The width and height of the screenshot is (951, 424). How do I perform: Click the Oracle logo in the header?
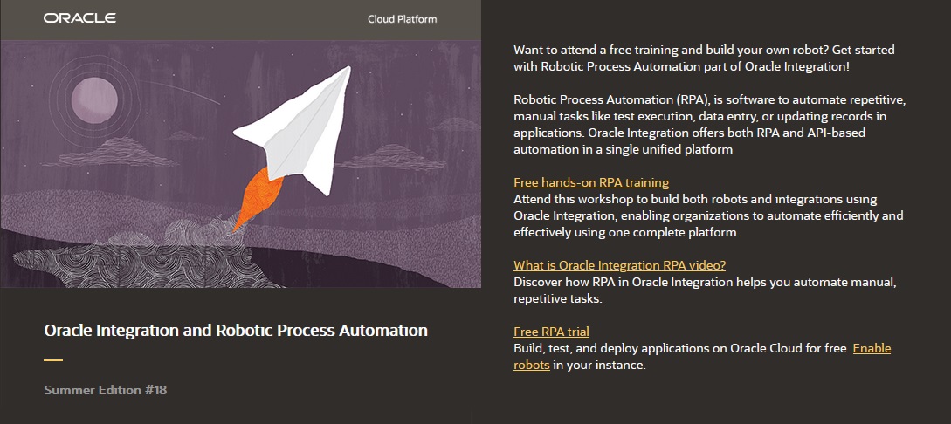[79, 18]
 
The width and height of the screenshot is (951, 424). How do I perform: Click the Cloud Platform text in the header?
[403, 19]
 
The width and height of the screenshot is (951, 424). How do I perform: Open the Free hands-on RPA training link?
[591, 182]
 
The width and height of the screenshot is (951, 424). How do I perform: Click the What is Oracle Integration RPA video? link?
[619, 265]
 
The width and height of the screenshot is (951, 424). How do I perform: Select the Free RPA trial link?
[551, 332]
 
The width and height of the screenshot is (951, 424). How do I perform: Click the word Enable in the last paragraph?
[872, 348]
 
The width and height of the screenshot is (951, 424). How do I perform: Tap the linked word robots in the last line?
[531, 365]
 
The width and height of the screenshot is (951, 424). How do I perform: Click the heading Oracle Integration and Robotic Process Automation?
[236, 331]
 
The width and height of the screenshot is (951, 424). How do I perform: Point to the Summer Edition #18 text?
[105, 390]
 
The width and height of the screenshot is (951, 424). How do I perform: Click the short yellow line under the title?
[53, 359]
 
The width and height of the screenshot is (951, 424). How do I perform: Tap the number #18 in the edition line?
[156, 390]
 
